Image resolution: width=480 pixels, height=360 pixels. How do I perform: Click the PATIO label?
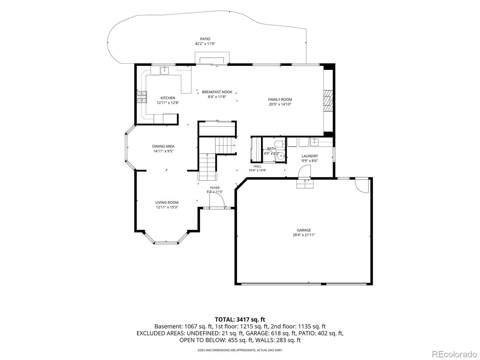point(205,39)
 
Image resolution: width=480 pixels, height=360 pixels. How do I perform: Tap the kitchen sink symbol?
point(164,70)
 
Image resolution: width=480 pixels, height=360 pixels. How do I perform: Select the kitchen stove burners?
point(142,97)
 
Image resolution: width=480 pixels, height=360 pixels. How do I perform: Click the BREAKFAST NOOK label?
point(217,92)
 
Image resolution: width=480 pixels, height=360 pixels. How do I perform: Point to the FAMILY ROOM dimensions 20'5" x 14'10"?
point(280,104)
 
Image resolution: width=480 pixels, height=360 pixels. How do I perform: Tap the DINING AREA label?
point(163,146)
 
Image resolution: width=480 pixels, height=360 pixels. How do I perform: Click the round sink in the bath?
point(282,156)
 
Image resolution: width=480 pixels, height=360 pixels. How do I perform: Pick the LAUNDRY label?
point(310,156)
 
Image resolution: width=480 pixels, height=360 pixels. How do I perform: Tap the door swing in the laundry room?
point(304,171)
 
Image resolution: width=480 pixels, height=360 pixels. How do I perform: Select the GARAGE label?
point(304,230)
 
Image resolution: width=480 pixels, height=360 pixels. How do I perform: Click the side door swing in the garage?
point(362,186)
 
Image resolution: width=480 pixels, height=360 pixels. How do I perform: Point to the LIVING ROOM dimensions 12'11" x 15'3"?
point(167,207)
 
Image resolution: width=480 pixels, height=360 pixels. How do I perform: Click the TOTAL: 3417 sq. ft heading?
point(240,319)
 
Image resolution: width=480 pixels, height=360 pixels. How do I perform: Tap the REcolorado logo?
point(454,354)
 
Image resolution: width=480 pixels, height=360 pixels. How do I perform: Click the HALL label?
point(257,166)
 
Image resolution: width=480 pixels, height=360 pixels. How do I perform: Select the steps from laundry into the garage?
point(305,184)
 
